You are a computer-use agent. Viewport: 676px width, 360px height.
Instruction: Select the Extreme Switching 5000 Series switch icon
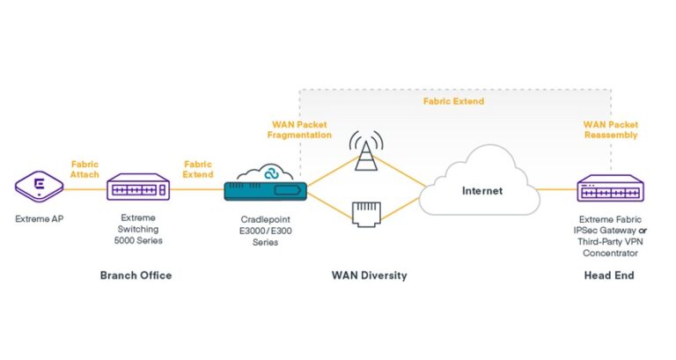tap(137, 187)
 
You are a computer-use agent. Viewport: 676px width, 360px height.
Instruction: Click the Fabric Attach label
tap(85, 168)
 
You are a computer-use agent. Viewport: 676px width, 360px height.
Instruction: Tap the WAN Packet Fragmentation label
tap(299, 129)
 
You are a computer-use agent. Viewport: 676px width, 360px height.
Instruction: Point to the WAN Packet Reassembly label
tap(609, 129)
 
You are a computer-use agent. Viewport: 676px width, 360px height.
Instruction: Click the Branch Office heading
tap(136, 276)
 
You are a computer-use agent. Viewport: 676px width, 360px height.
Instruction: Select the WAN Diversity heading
tap(369, 276)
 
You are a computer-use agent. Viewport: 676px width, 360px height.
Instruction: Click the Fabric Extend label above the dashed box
tap(454, 101)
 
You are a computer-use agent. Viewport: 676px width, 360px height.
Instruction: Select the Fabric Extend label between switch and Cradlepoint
tap(197, 168)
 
